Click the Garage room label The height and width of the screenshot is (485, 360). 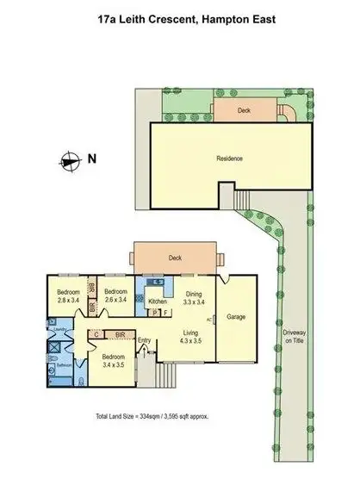coord(236,317)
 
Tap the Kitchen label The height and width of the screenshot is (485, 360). coord(158,302)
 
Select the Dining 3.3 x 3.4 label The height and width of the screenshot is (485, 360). coord(194,298)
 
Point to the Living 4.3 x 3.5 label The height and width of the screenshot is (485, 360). coord(191,333)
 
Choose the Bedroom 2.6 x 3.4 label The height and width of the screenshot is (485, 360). coord(115,296)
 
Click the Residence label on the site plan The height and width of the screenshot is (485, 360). coord(229,159)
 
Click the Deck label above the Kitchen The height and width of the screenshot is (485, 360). coord(176,257)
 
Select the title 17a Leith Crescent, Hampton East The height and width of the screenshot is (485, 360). coord(180,14)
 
